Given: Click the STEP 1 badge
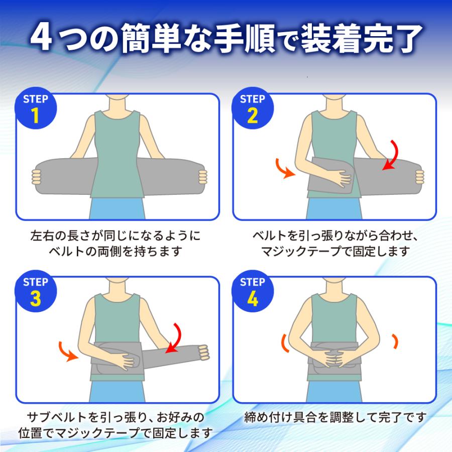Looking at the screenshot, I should (36, 108).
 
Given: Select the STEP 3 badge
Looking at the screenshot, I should (36, 291).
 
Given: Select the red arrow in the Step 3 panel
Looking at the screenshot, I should (176, 337).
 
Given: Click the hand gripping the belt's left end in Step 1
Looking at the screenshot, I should (36, 177).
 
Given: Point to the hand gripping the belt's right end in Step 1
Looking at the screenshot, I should (202, 177).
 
